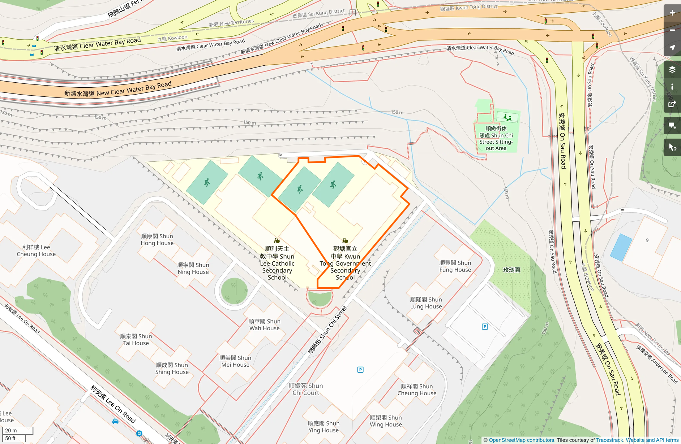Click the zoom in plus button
click(x=672, y=13)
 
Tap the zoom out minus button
click(x=672, y=30)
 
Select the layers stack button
click(x=672, y=69)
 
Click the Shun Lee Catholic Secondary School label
click(x=277, y=263)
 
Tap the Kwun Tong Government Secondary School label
click(x=345, y=263)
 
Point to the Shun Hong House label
click(x=157, y=240)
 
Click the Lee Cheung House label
click(x=36, y=251)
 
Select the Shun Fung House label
click(x=455, y=266)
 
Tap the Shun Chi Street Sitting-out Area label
click(x=496, y=138)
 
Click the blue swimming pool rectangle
click(x=621, y=247)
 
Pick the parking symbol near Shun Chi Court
click(x=360, y=370)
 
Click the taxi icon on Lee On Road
click(x=115, y=421)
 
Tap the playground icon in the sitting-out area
click(x=507, y=118)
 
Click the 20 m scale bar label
click(x=11, y=430)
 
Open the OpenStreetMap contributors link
click(x=521, y=440)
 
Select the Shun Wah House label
click(x=264, y=325)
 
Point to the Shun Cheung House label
click(x=417, y=390)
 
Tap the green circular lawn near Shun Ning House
click(x=234, y=291)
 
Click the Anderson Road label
click(x=657, y=364)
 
